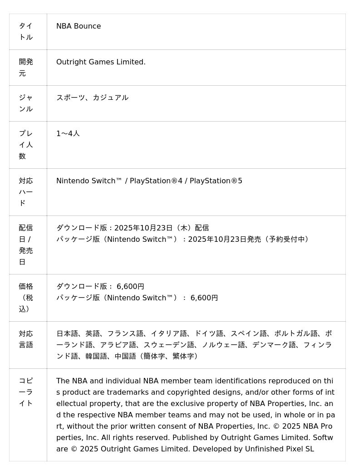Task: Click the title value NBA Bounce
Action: pos(78,26)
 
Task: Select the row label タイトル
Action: pos(26,32)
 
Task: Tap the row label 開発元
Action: pos(26,68)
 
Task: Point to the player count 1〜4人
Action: pos(68,133)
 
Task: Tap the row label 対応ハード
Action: pos(26,192)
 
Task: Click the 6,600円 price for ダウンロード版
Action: pos(130,287)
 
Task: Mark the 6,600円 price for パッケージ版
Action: pos(204,298)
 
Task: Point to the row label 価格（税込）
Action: pos(26,298)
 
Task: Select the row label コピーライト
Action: pos(26,392)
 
